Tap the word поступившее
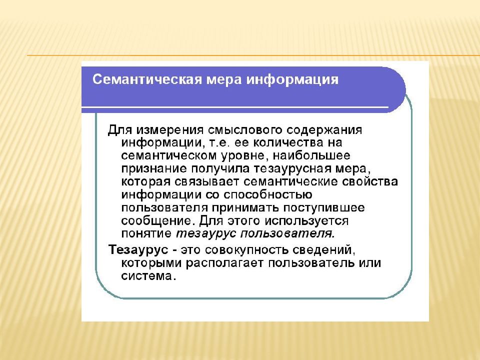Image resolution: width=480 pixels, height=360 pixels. point(328,207)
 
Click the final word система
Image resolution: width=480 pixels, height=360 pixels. point(148,275)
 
